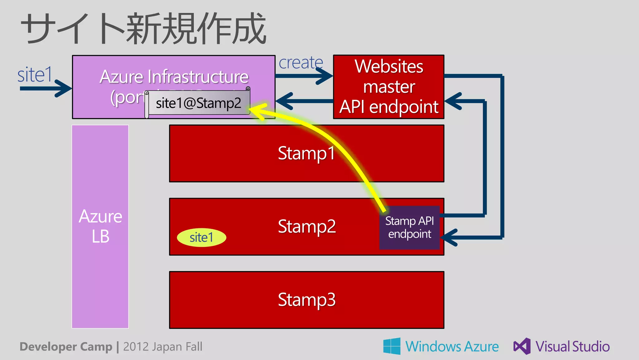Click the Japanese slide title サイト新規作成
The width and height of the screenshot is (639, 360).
point(144,29)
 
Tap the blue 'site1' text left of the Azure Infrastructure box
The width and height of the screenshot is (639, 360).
point(35,75)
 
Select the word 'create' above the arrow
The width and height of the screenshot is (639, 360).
point(300,63)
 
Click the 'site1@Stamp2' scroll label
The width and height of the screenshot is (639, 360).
point(198,103)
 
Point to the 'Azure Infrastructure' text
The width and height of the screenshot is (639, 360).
point(174,76)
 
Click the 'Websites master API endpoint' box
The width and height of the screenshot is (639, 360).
point(388,87)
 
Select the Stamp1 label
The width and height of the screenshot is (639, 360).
point(306,153)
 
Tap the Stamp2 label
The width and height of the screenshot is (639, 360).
point(306,226)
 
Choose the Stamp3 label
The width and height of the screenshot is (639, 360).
point(306,300)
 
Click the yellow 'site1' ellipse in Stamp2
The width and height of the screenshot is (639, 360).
point(202,238)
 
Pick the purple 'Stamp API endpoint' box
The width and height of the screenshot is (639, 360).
point(409,227)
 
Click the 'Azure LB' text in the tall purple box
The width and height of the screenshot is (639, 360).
point(100,226)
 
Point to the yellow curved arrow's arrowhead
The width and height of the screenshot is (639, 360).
point(256,111)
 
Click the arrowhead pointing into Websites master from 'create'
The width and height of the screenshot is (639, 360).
point(326,76)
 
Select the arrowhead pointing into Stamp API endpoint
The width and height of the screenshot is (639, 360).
point(448,238)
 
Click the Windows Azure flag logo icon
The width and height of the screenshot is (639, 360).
point(392,346)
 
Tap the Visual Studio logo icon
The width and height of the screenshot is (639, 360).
point(522,346)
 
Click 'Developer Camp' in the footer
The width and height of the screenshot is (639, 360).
point(66,347)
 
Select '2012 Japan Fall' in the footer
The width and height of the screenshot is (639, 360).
point(163,347)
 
